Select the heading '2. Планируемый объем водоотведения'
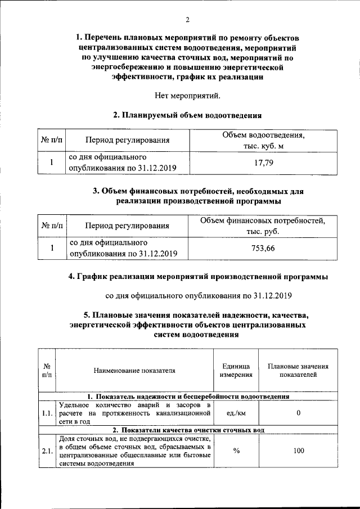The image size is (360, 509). [x=188, y=115]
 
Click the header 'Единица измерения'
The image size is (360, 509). [x=236, y=370]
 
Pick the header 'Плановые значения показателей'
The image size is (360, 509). [x=298, y=370]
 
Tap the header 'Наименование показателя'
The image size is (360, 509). [x=135, y=370]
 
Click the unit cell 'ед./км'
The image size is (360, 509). [x=236, y=413]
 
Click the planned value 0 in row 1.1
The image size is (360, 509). [x=298, y=413]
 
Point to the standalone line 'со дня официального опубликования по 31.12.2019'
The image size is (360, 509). [x=199, y=295]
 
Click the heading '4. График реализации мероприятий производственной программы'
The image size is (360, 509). [x=198, y=277]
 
